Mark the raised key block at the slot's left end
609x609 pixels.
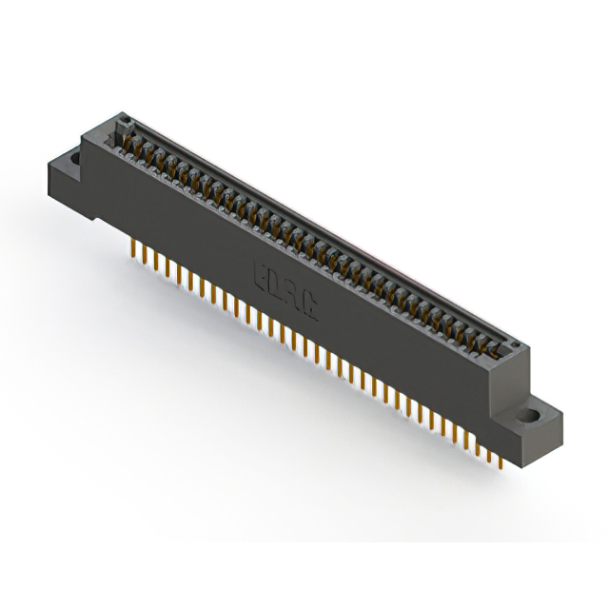click(x=122, y=126)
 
